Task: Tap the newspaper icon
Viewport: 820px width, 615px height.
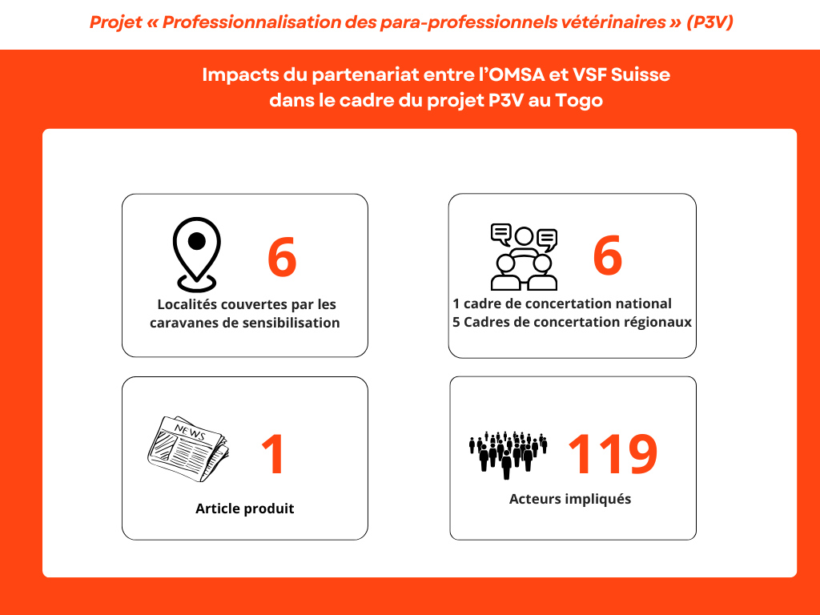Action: (x=188, y=448)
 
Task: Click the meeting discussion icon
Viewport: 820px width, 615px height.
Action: (x=524, y=257)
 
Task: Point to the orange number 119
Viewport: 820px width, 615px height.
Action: (x=613, y=454)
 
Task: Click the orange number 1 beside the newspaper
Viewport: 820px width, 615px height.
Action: (x=273, y=454)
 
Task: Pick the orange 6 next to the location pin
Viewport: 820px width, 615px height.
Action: (x=282, y=257)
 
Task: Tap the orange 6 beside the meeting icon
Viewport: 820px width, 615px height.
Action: (x=608, y=255)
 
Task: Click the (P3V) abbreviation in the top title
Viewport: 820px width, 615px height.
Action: (x=709, y=22)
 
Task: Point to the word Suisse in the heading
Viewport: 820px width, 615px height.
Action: (x=640, y=74)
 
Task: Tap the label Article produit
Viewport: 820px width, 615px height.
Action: (x=245, y=508)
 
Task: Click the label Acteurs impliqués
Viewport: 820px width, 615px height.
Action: (x=570, y=499)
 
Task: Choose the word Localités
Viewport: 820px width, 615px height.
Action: (x=186, y=304)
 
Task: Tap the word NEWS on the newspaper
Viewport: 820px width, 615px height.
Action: (x=190, y=432)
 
